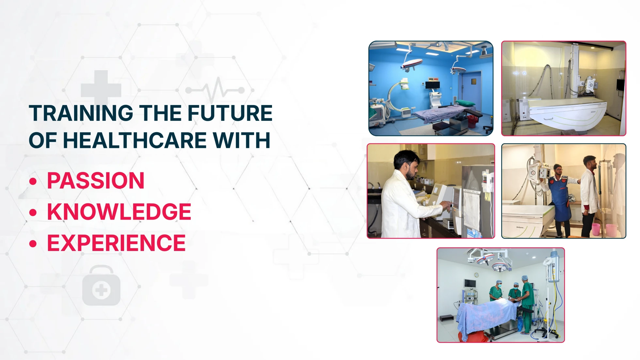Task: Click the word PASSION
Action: point(96,180)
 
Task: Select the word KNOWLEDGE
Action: point(119,212)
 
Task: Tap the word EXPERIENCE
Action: point(116,243)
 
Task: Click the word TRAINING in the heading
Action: point(81,113)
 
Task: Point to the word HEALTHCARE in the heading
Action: point(135,140)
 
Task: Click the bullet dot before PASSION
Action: point(33,181)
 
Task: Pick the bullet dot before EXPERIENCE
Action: point(33,244)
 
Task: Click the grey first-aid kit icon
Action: point(101,286)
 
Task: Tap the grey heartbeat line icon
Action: point(215,89)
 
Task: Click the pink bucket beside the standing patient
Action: point(596,230)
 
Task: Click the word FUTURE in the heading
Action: point(230,113)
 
